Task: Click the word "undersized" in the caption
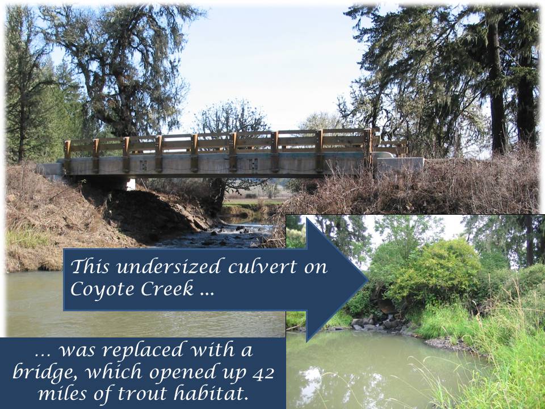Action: pyautogui.click(x=169, y=267)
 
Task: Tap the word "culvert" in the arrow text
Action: pyautogui.click(x=262, y=267)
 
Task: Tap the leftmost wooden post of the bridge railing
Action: pyautogui.click(x=67, y=157)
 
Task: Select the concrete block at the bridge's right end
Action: pyautogui.click(x=400, y=165)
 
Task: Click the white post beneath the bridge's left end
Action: pyautogui.click(x=131, y=184)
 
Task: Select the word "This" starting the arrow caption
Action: pyautogui.click(x=90, y=267)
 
